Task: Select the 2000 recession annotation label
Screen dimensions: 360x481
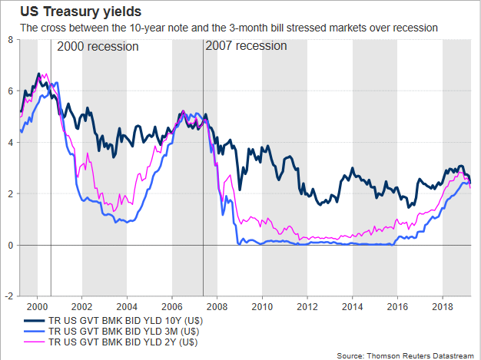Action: click(x=98, y=46)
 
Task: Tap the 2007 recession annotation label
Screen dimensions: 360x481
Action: click(x=246, y=46)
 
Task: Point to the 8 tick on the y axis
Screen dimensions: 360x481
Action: click(x=9, y=38)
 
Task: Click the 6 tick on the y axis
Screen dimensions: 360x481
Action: click(x=9, y=91)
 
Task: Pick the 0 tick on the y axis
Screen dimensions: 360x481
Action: click(x=9, y=245)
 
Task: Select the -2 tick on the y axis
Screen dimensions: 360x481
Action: click(x=8, y=296)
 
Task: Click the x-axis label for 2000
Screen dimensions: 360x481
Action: click(x=38, y=305)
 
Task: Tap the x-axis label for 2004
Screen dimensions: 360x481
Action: click(x=127, y=305)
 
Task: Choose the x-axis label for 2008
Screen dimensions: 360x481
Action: click(x=217, y=305)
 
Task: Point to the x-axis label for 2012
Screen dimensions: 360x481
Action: click(x=307, y=305)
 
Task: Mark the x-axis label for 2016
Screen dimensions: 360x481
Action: click(x=396, y=305)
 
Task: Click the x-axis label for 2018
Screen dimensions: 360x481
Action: click(x=442, y=305)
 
